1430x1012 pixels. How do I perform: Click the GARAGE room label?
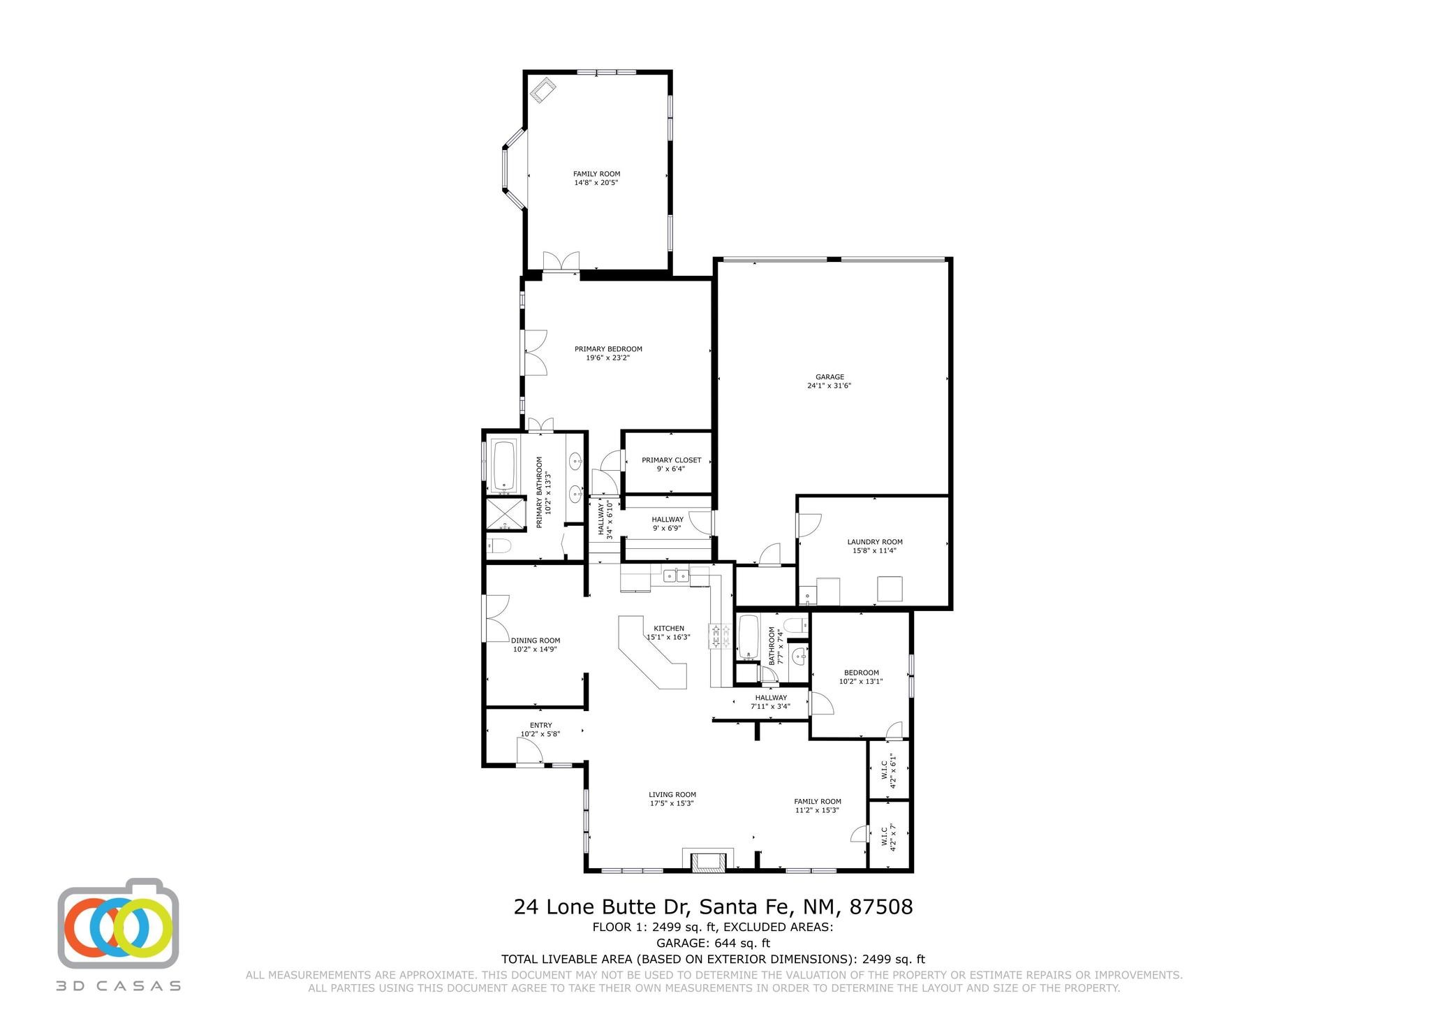pyautogui.click(x=830, y=377)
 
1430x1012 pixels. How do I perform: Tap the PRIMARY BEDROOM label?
pyautogui.click(x=608, y=349)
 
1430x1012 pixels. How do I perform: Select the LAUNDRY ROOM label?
pyautogui.click(x=874, y=542)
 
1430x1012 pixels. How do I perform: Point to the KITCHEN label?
pyautogui.click(x=669, y=629)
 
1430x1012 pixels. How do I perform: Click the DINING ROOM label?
pyautogui.click(x=536, y=640)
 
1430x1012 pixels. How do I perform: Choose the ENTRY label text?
pyautogui.click(x=540, y=725)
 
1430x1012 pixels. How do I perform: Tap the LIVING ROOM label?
pyautogui.click(x=672, y=795)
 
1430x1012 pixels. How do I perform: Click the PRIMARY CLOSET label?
pyautogui.click(x=671, y=460)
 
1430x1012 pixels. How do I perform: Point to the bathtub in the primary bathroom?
pyautogui.click(x=503, y=465)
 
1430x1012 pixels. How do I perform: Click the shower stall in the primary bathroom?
pyautogui.click(x=506, y=513)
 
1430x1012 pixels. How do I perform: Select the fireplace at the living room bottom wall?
pyautogui.click(x=709, y=861)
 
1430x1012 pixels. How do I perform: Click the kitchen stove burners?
pyautogui.click(x=716, y=636)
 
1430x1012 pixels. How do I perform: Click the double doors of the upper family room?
pyautogui.click(x=561, y=261)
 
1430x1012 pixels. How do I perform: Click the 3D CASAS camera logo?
pyautogui.click(x=118, y=923)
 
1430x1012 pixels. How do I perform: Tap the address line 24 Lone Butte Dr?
pyautogui.click(x=602, y=907)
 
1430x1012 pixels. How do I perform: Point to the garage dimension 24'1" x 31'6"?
pyautogui.click(x=830, y=386)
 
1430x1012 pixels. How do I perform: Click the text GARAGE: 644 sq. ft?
pyautogui.click(x=713, y=944)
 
